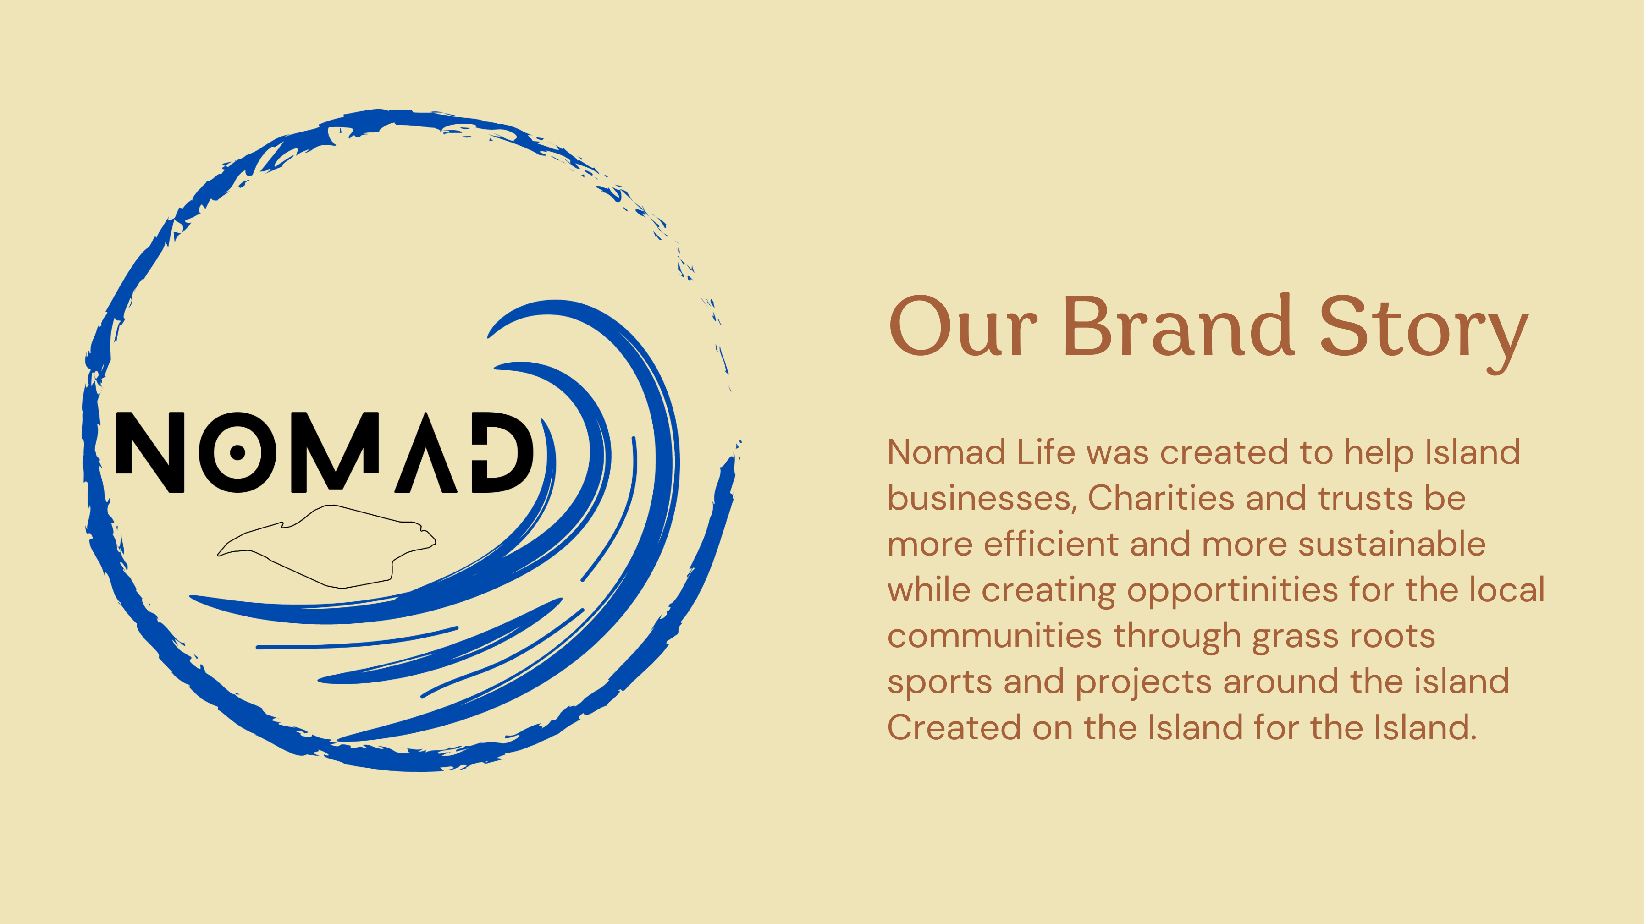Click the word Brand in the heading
pyautogui.click(x=1179, y=325)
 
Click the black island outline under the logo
pyautogui.click(x=327, y=546)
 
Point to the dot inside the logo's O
pyautogui.click(x=237, y=452)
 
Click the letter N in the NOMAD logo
pyautogui.click(x=150, y=452)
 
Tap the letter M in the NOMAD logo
pyautogui.click(x=335, y=452)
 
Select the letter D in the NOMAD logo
pyautogui.click(x=503, y=452)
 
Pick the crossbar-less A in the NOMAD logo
pyautogui.click(x=426, y=452)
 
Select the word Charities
pyautogui.click(x=1160, y=498)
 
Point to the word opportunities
pyautogui.click(x=1232, y=591)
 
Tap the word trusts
pyautogui.click(x=1365, y=498)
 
